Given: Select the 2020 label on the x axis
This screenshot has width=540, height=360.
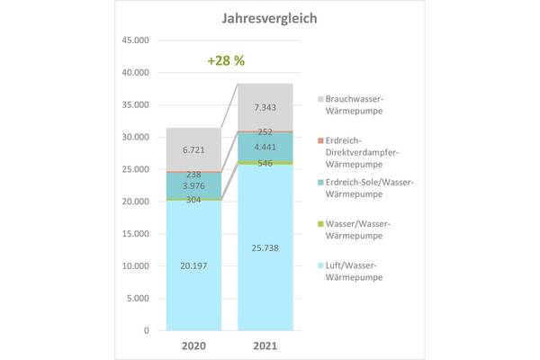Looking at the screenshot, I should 193,345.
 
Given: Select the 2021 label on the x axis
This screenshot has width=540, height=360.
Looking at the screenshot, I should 265,345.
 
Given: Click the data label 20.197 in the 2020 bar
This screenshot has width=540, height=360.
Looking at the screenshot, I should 193,266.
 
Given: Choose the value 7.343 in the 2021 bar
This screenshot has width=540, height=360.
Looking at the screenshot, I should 265,108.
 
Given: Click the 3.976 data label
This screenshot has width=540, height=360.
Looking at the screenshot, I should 193,185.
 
